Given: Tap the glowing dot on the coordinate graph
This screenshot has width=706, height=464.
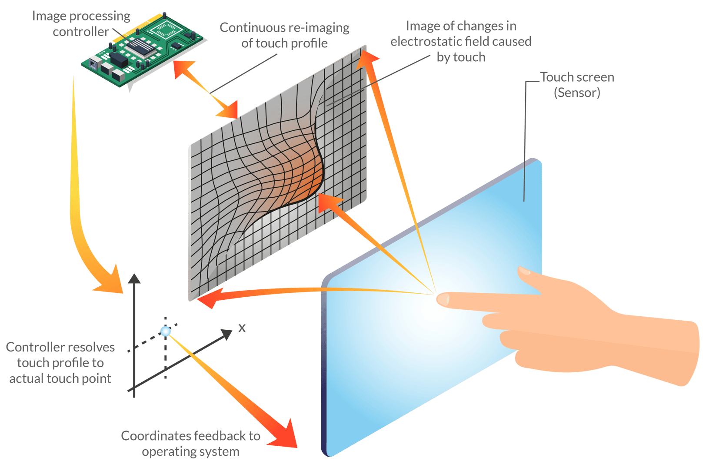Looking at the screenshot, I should (166, 331).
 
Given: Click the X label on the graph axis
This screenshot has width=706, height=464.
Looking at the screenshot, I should (242, 328).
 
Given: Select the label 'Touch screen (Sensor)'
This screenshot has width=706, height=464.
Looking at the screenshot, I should (577, 85).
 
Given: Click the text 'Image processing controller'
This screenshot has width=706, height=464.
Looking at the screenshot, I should (82, 24).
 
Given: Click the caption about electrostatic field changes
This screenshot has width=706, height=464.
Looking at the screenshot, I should (461, 42).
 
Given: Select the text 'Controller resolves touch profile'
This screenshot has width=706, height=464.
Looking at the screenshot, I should (61, 363).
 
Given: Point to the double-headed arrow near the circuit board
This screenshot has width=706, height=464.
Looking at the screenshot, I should (206, 89).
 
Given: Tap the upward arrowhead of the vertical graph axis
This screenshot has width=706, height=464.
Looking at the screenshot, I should (134, 278).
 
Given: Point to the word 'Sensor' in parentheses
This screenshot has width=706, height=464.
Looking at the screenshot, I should (577, 93).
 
